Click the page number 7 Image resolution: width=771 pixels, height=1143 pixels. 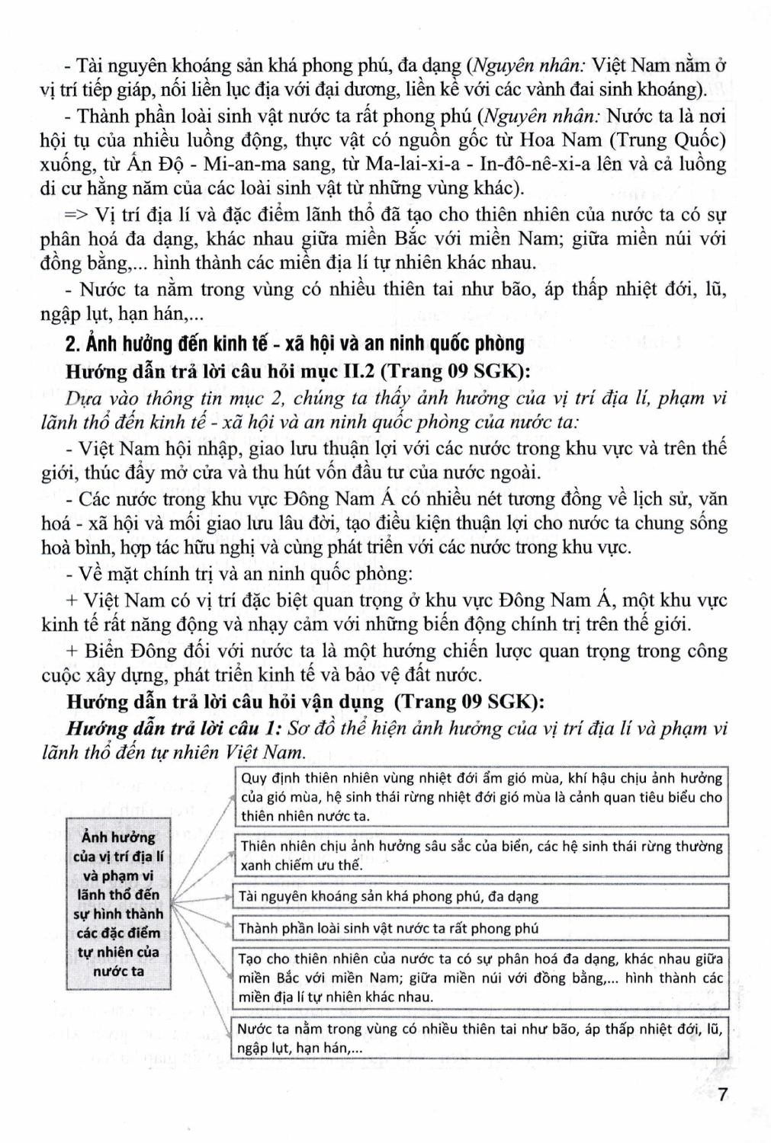click(722, 1095)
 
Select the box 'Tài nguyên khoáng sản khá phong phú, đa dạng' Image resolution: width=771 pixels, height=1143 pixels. click(479, 896)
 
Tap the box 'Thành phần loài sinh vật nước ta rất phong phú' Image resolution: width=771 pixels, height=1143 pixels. click(479, 928)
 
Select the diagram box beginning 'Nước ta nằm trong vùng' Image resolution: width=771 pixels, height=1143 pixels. click(479, 1039)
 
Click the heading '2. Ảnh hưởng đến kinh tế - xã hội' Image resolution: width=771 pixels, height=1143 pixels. click(295, 344)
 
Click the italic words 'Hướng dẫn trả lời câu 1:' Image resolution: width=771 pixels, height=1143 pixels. click(175, 728)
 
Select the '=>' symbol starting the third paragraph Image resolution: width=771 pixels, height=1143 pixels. click(78, 214)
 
